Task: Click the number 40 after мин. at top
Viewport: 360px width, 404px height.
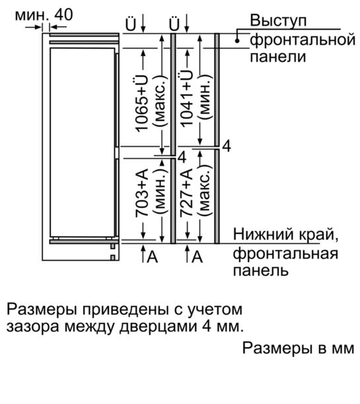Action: point(63,15)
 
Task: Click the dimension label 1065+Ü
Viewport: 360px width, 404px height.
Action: point(142,104)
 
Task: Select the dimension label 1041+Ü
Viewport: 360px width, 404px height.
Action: point(186,98)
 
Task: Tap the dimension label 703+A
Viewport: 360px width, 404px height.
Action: point(142,192)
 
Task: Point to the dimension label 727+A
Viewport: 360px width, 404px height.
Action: point(186,192)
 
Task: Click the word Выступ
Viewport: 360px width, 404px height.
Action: point(278,20)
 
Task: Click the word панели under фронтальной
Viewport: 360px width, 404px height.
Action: point(278,58)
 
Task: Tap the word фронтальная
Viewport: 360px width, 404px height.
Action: point(285,253)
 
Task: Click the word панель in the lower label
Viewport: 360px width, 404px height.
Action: point(260,271)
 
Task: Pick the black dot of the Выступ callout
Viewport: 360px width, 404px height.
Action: point(237,40)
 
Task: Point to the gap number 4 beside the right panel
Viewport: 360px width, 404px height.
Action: point(227,146)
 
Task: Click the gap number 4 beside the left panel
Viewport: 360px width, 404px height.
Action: point(182,157)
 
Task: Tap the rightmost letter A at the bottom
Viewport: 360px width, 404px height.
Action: point(197,257)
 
